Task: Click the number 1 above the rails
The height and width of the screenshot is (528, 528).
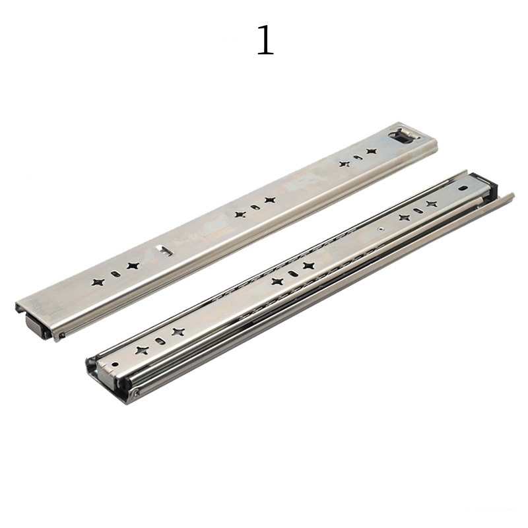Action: (265, 41)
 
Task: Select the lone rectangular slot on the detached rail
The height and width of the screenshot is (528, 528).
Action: (162, 250)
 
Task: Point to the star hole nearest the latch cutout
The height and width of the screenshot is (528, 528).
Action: (372, 152)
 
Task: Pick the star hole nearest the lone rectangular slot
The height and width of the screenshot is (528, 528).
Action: (133, 265)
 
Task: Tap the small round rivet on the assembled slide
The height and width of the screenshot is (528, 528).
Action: (381, 226)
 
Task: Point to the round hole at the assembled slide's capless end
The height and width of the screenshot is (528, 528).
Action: (114, 363)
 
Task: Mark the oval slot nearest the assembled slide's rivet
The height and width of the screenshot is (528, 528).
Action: (417, 211)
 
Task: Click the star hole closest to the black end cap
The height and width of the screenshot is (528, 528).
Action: (432, 204)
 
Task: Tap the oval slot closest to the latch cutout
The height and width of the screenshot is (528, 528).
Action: (357, 158)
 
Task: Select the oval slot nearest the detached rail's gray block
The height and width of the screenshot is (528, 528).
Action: (115, 273)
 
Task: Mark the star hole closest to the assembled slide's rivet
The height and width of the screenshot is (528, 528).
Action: (403, 216)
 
